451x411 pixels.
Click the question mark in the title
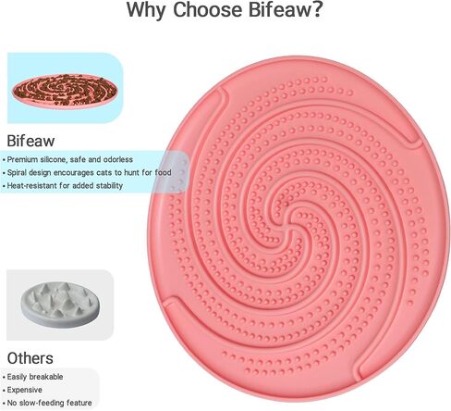tap(317, 9)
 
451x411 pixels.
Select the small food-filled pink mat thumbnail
tap(65, 91)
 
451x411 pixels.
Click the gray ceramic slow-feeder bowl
tap(60, 305)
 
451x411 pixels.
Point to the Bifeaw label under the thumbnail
tap(30, 141)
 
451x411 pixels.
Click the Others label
tap(30, 358)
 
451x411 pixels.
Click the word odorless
tap(118, 159)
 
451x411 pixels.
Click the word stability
tap(109, 186)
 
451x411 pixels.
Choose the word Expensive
tap(25, 390)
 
